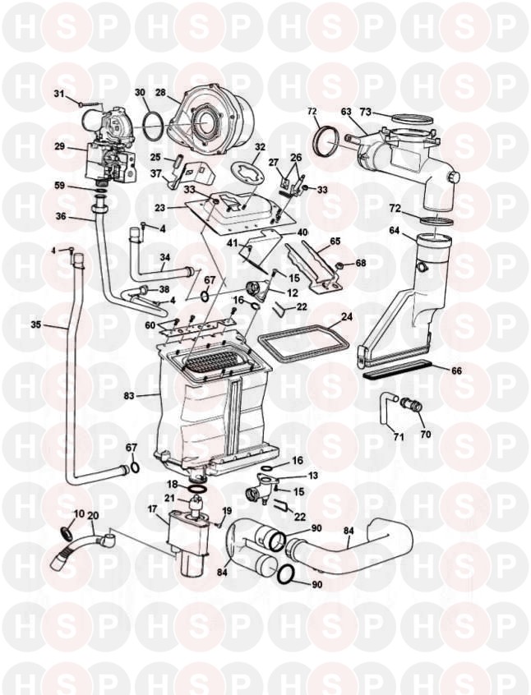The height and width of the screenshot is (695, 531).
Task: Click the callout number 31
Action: [59, 95]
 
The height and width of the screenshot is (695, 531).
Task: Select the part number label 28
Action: [160, 93]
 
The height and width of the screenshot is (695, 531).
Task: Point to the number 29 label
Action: [59, 146]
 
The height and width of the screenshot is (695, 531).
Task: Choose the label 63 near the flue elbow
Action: [346, 111]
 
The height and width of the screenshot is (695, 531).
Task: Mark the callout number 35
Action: [35, 325]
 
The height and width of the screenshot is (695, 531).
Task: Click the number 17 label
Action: [152, 509]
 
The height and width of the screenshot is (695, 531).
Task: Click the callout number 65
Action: [335, 243]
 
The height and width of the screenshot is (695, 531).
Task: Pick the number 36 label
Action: [61, 217]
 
